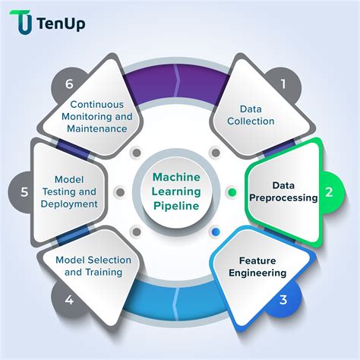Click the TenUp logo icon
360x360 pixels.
21,22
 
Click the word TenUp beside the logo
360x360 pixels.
61,24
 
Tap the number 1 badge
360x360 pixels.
283,84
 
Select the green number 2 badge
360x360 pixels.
329,192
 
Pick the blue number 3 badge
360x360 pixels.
283,300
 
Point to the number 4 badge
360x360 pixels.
69,300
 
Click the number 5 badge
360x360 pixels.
24,192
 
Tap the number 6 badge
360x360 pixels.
69,84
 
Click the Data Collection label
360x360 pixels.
251,115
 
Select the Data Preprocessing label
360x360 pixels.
283,191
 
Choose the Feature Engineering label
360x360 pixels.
257,267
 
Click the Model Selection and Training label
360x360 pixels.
93,266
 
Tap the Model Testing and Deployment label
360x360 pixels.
69,191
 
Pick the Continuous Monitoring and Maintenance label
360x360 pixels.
97,116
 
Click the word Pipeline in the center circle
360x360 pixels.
176,206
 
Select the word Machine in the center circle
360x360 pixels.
176,177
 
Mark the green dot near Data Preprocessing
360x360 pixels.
232,192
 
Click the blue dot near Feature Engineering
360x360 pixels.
216,232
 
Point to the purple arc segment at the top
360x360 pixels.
176,84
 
